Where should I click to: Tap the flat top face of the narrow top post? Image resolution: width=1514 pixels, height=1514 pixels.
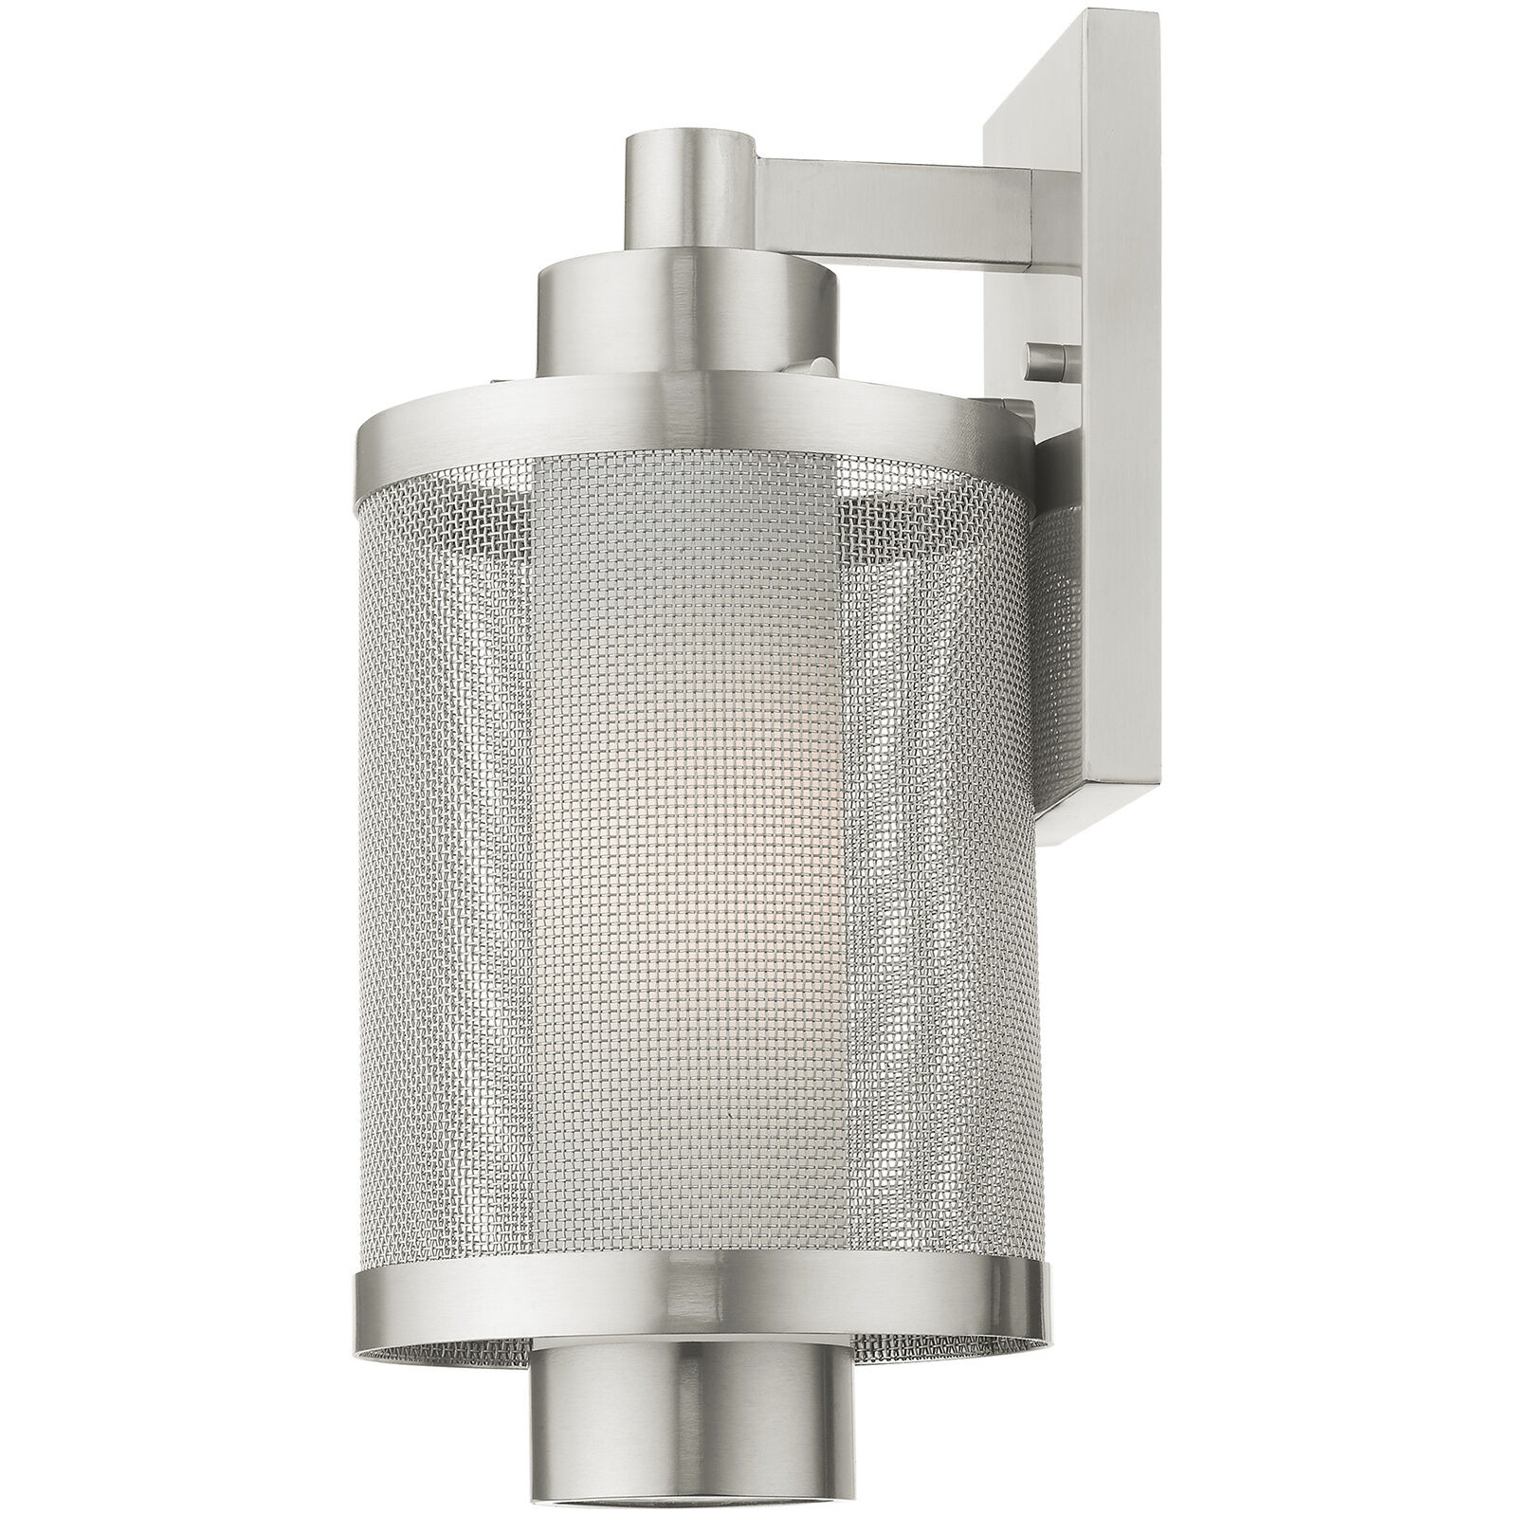(x=689, y=136)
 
